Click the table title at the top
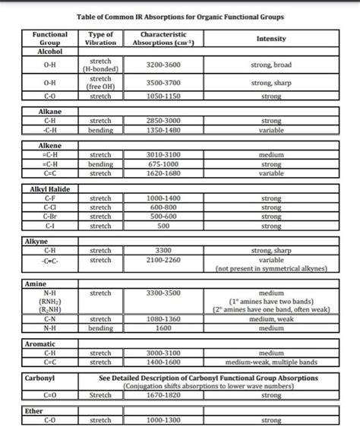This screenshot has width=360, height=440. click(180, 16)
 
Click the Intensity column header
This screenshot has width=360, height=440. click(271, 39)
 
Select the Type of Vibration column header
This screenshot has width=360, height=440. click(101, 39)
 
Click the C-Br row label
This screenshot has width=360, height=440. click(49, 216)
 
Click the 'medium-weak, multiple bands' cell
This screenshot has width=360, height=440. click(271, 362)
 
